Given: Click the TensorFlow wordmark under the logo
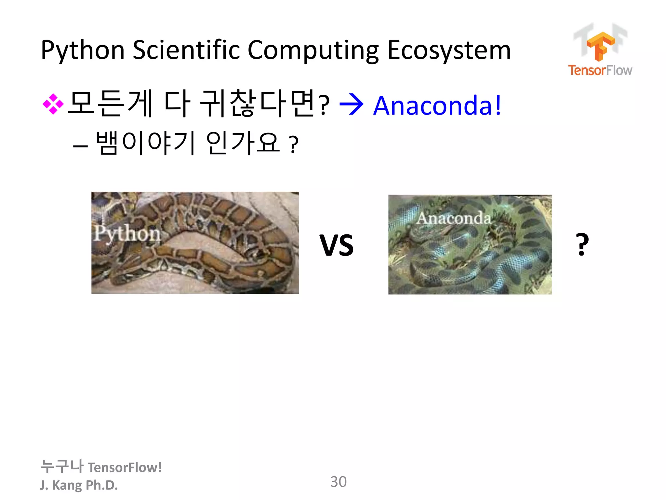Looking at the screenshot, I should pyautogui.click(x=600, y=70).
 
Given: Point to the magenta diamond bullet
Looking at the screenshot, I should pyautogui.click(x=53, y=104).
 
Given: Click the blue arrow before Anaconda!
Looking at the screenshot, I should pyautogui.click(x=351, y=105).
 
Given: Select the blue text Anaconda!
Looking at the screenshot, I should pyautogui.click(x=437, y=105).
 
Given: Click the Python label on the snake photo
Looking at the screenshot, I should pyautogui.click(x=127, y=233).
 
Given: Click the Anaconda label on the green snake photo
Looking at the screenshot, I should pyautogui.click(x=454, y=218).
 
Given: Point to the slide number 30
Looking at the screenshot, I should pyautogui.click(x=339, y=482).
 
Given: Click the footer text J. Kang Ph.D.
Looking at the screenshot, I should pyautogui.click(x=79, y=485).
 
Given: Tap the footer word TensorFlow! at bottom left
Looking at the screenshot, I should pyautogui.click(x=125, y=467).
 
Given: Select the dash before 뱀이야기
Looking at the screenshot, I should pyautogui.click(x=80, y=146).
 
